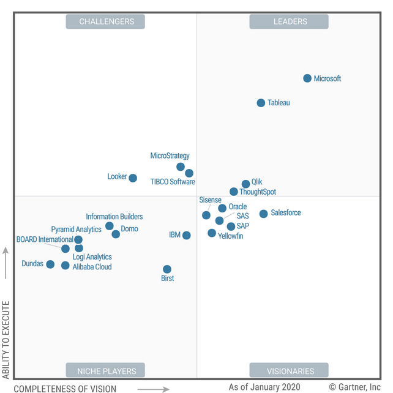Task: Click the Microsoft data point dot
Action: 307,78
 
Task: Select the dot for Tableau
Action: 261,103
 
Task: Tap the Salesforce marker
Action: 263,214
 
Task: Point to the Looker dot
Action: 133,178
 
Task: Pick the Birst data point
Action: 167,269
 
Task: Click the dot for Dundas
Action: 50,264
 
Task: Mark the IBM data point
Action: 187,236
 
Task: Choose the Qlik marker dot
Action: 246,184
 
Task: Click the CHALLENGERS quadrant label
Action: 106,22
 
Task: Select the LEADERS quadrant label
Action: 289,22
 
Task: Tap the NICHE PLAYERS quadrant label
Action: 105,370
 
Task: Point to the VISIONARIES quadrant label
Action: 289,370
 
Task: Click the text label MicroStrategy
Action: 170,156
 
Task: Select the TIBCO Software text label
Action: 173,182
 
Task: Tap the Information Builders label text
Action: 114,217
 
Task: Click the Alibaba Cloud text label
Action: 92,267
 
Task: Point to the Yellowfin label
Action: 231,236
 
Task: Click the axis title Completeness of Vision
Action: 65,388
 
